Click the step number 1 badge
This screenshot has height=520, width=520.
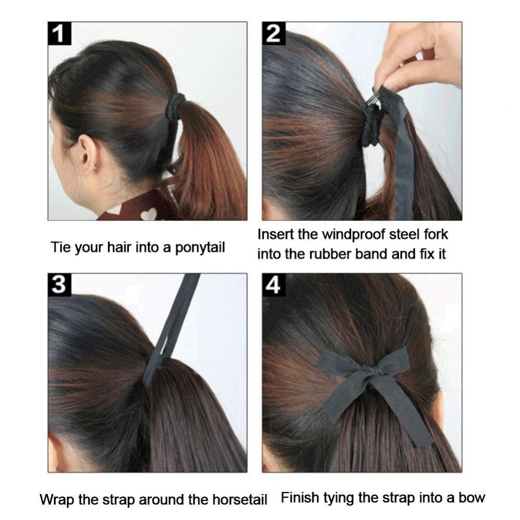(60, 34)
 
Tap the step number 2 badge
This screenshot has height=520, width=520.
(274, 34)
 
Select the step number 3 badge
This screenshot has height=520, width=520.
(60, 285)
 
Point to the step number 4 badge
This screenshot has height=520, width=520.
(274, 285)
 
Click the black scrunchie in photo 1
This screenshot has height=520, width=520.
(175, 106)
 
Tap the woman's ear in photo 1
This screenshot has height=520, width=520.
(88, 155)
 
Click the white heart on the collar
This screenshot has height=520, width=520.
(149, 213)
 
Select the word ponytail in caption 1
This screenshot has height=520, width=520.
(200, 248)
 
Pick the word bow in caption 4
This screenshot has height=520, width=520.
(471, 498)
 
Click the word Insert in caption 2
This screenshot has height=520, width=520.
(276, 235)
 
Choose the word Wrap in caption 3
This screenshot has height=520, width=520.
(55, 500)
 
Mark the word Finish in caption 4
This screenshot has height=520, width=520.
(300, 498)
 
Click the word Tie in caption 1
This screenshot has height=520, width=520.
(60, 248)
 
